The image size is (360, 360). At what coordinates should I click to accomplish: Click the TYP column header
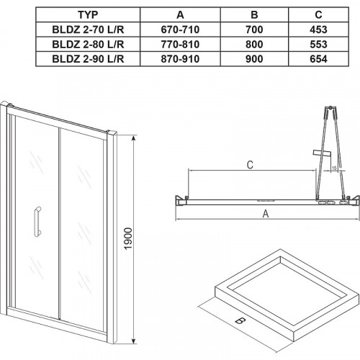[x=88, y=15]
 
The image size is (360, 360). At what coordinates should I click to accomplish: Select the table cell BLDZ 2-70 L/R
[x=88, y=30]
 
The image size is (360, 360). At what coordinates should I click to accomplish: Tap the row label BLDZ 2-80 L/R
[x=88, y=45]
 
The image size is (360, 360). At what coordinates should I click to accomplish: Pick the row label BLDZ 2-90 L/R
[x=88, y=59]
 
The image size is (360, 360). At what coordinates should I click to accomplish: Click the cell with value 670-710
[x=180, y=30]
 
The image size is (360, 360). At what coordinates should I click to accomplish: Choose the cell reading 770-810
[x=180, y=45]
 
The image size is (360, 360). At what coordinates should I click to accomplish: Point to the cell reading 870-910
[x=180, y=59]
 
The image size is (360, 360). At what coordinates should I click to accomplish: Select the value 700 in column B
[x=254, y=30]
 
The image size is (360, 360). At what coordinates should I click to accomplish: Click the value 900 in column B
[x=254, y=59]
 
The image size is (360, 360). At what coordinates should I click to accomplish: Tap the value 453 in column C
[x=318, y=30]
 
